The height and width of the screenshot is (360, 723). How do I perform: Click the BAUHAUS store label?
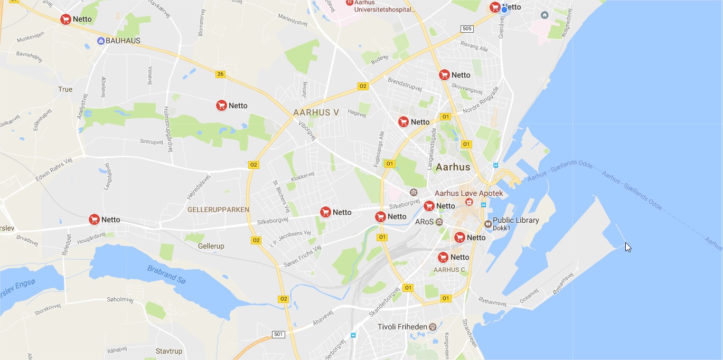[x=123, y=41]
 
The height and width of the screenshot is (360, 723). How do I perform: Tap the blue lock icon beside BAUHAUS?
[x=100, y=41]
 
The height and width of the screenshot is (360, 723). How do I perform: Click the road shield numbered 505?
[x=466, y=29]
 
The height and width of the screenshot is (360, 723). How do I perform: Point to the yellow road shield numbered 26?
[x=221, y=74]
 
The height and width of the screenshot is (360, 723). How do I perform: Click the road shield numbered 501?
[x=278, y=334]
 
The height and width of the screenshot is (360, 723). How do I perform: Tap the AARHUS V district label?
[x=316, y=112]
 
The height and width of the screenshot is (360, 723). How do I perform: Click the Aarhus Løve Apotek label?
[x=469, y=193]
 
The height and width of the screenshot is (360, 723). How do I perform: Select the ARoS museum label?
[x=424, y=222]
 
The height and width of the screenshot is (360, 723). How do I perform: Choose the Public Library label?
[x=515, y=220]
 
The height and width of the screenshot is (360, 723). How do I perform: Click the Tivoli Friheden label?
[x=402, y=327]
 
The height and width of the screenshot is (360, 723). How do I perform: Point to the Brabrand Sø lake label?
[x=166, y=277]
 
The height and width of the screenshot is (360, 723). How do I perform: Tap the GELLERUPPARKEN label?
[x=218, y=210]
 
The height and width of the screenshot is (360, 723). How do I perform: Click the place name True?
[x=65, y=89]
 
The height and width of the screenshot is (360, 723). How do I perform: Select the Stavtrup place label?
[x=169, y=351]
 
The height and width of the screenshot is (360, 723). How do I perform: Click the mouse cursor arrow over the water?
[x=627, y=247]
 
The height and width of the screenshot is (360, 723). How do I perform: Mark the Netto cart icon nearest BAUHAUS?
[x=66, y=20]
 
